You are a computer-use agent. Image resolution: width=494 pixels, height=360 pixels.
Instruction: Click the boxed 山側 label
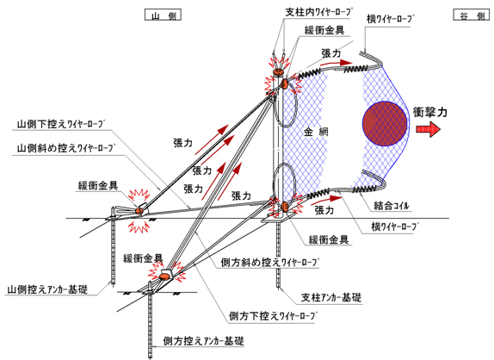point(163,15)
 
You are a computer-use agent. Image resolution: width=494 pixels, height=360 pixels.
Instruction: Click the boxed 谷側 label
point(472,15)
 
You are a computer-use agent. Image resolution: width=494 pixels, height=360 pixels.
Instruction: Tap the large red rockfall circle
point(385,123)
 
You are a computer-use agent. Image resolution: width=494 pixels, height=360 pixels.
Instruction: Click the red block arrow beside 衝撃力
point(428,129)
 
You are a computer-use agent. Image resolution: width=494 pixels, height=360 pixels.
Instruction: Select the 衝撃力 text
point(429,112)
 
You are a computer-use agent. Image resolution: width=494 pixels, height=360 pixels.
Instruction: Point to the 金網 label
point(316,132)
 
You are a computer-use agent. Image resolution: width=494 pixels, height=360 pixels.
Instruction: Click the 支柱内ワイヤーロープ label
point(318,12)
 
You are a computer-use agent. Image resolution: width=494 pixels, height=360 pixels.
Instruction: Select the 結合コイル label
point(392,206)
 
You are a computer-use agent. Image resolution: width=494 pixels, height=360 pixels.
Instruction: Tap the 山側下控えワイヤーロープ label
point(60,124)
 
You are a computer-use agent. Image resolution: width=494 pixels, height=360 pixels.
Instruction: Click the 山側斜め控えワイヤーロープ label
point(66,148)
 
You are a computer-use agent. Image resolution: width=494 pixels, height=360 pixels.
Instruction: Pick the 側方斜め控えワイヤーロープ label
point(269,263)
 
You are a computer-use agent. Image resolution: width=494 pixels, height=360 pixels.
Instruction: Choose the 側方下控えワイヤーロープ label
point(273,316)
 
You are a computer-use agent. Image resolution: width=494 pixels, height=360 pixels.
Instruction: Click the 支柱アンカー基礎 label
point(331,297)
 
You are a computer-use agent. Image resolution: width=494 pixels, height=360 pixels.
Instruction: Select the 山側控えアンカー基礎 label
point(47,289)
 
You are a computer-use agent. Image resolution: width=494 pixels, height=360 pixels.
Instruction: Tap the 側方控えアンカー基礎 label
point(203,341)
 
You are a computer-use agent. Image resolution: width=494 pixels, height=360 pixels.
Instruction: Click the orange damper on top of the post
point(278,71)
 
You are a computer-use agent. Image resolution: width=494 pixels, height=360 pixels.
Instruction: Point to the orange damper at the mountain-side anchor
point(139,210)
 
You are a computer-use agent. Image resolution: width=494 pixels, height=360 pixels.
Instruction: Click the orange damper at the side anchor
point(164,276)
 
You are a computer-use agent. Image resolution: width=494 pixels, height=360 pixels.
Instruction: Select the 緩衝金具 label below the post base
point(329,240)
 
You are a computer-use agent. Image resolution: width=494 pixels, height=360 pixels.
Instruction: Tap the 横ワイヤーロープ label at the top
point(389,20)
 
